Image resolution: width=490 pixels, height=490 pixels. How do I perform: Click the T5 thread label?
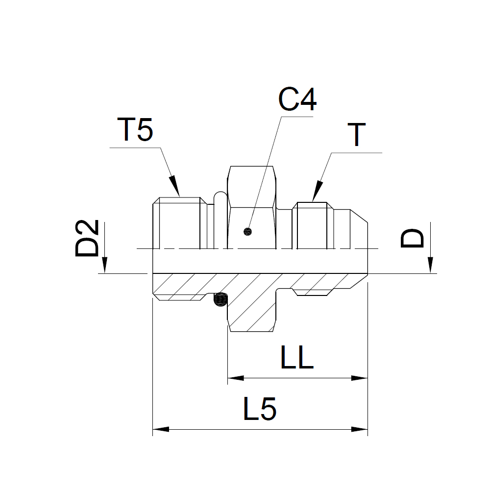tap(135, 129)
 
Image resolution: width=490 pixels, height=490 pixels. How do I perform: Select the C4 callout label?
tap(297, 99)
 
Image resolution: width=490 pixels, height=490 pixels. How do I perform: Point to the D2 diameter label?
tap(87, 238)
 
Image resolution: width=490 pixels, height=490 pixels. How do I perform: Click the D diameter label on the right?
tap(412, 238)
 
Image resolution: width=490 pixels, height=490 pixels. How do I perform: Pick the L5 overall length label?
tap(259, 409)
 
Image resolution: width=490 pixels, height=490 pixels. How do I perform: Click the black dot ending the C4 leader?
tap(247, 232)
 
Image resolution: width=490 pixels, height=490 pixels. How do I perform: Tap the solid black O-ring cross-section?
tap(220, 300)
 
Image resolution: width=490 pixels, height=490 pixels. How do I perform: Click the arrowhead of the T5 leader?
tap(174, 186)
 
